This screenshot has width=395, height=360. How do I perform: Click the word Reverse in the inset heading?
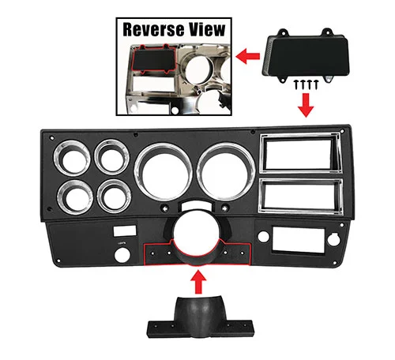tap(153, 29)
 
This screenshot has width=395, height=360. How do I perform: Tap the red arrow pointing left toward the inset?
tap(248, 56)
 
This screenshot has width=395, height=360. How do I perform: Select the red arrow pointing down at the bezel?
tap(306, 105)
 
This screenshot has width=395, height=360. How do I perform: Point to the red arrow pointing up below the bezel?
tap(199, 282)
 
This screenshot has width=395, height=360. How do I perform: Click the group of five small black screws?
tap(307, 84)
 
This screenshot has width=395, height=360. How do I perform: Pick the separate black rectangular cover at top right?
tap(306, 55)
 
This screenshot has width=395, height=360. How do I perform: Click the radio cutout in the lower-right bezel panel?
tap(299, 240)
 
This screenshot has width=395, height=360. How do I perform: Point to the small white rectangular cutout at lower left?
tap(125, 231)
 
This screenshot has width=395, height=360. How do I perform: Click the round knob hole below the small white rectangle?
tap(122, 254)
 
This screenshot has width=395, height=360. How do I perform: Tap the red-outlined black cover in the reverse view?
tap(154, 59)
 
